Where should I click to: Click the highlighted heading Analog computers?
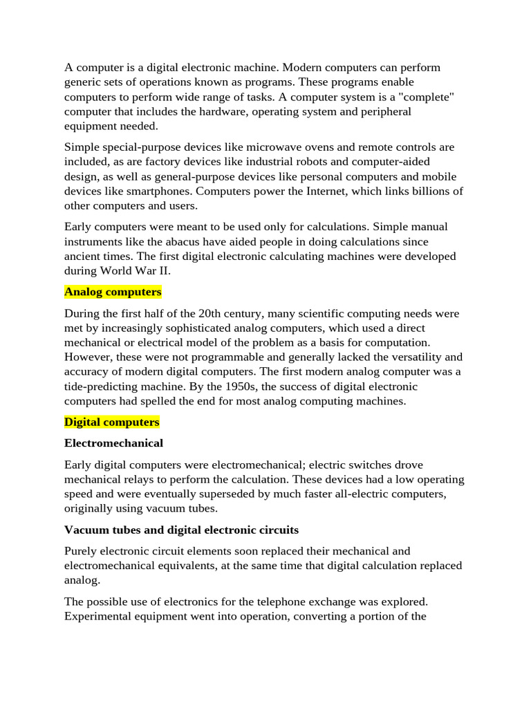113,292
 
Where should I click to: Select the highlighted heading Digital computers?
112,422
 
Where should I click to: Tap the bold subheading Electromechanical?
113,443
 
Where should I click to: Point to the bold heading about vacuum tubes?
181,530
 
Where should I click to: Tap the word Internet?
333,191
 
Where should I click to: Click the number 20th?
203,313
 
